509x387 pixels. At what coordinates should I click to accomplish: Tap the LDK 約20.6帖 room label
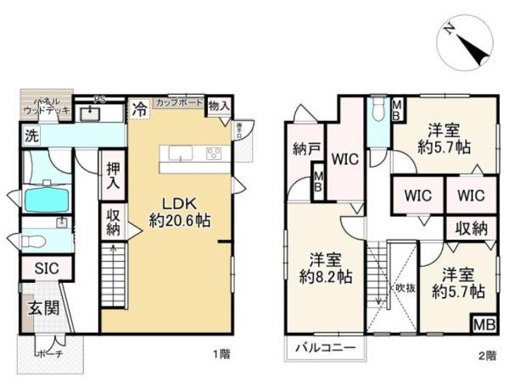(180, 211)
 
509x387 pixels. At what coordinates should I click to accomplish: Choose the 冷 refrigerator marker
(138, 109)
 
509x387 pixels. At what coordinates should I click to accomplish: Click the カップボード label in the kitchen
(179, 102)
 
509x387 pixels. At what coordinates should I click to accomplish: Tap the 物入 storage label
(218, 105)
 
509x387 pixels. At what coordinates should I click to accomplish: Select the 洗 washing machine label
(31, 135)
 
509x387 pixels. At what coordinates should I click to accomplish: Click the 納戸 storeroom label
(305, 150)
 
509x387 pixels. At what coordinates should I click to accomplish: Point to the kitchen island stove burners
(212, 153)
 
